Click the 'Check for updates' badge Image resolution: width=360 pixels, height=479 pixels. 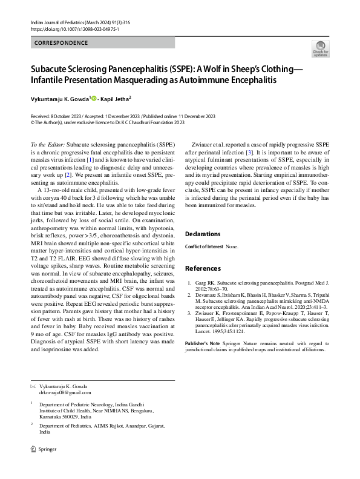(x=319, y=49)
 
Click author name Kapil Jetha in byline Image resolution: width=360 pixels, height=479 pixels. (x=114, y=98)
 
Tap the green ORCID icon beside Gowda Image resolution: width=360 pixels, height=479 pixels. (x=94, y=98)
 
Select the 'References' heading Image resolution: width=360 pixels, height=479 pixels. (x=203, y=268)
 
